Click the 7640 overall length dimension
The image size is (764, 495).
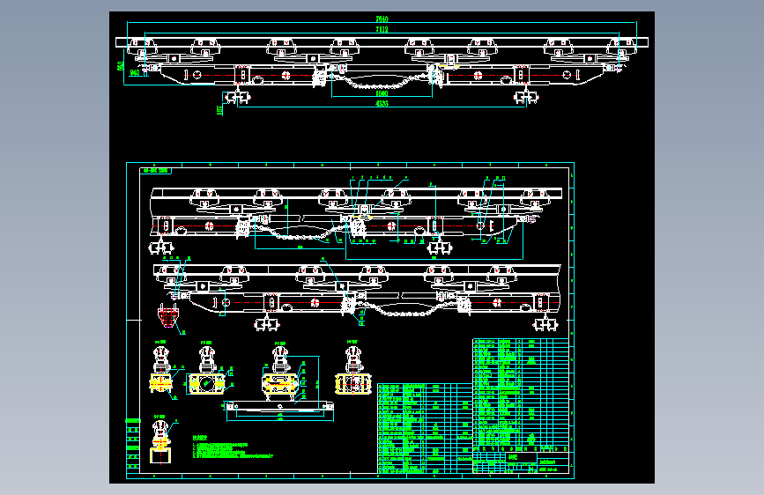pos(382,18)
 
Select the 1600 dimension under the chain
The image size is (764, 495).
pos(382,93)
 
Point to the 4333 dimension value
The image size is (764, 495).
pos(382,104)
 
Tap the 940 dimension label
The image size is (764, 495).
pos(134,74)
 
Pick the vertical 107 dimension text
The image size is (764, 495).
pos(219,110)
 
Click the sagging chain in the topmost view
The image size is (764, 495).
pos(379,84)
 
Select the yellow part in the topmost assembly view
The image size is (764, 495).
pos(452,64)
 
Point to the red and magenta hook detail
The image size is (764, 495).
pos(167,314)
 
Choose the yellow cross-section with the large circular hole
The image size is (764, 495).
pos(206,383)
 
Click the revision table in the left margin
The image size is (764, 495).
pos(132,445)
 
